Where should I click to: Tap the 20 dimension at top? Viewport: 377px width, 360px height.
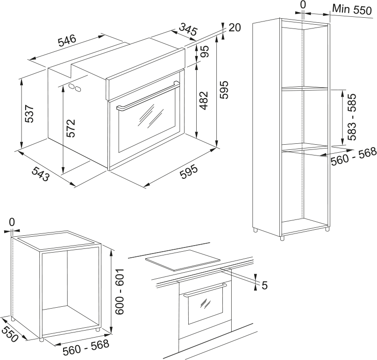tap(235, 28)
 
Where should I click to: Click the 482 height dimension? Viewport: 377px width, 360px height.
tap(204, 100)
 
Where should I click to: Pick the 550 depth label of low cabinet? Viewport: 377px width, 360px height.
tap(10, 334)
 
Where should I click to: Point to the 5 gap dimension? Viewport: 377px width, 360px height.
tap(264, 285)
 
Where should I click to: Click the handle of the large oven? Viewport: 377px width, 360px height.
tap(147, 98)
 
